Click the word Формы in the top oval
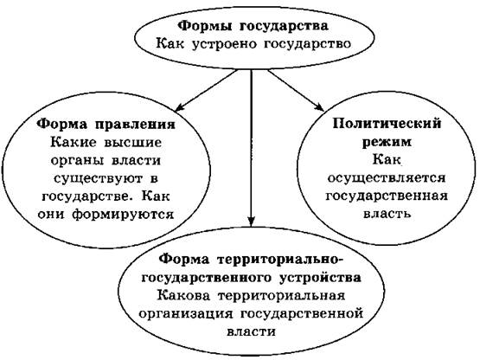(205, 26)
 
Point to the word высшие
(132, 143)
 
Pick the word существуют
(99, 178)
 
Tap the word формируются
(123, 214)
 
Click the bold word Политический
(387, 124)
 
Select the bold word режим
(387, 142)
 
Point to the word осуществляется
(387, 178)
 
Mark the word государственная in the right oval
(387, 196)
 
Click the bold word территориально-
(281, 260)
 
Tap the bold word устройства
(320, 278)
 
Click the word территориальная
(281, 296)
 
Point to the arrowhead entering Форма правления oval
(179, 107)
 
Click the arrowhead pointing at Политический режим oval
(319, 107)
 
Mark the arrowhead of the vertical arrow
(251, 222)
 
